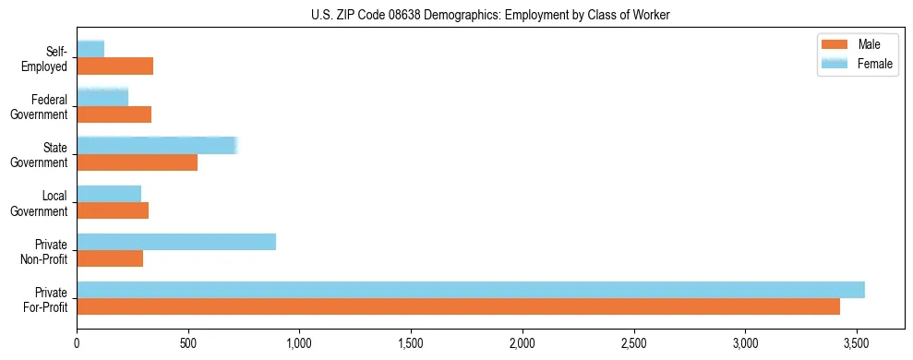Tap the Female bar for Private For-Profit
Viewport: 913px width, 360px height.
point(471,290)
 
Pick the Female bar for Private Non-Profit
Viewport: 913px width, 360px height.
point(176,242)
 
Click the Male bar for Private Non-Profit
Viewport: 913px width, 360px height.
point(110,258)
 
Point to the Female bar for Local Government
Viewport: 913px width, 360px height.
point(109,194)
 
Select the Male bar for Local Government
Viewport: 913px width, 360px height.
point(113,210)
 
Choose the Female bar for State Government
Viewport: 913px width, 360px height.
point(157,145)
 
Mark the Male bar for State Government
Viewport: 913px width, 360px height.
point(137,162)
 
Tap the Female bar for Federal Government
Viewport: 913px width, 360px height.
point(102,97)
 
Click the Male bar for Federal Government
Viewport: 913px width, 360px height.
point(114,114)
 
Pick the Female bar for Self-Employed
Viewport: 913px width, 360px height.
point(90,49)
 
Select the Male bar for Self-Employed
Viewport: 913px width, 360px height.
point(114,66)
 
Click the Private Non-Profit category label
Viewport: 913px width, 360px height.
point(46,250)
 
